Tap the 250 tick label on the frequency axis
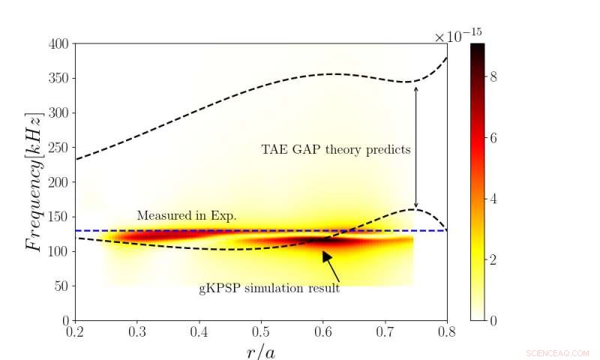[x=60, y=148]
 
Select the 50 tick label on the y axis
[x=63, y=286]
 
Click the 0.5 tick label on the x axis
[x=261, y=331]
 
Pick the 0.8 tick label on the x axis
[x=447, y=331]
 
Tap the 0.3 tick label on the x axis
[x=136, y=331]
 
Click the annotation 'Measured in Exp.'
[x=186, y=216]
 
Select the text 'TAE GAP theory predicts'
[x=335, y=149]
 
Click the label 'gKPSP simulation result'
[x=269, y=289]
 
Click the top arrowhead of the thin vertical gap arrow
[x=416, y=88]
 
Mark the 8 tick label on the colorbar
[x=493, y=76]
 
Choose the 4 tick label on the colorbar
[x=493, y=198]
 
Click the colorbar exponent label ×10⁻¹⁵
[x=460, y=36]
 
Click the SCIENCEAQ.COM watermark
[x=558, y=352]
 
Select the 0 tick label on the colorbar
[x=493, y=320]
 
